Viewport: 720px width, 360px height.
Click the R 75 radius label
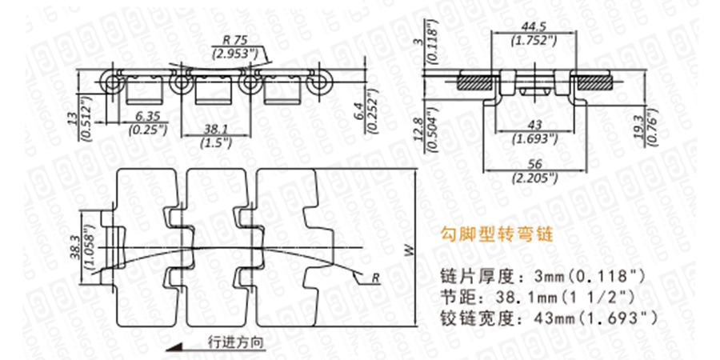click(x=234, y=41)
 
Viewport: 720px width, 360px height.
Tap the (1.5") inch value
click(x=215, y=142)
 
